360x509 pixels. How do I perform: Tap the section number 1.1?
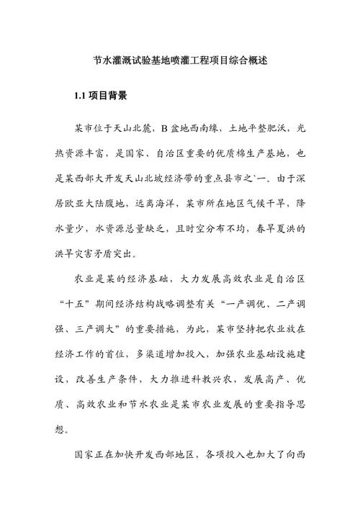81,95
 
